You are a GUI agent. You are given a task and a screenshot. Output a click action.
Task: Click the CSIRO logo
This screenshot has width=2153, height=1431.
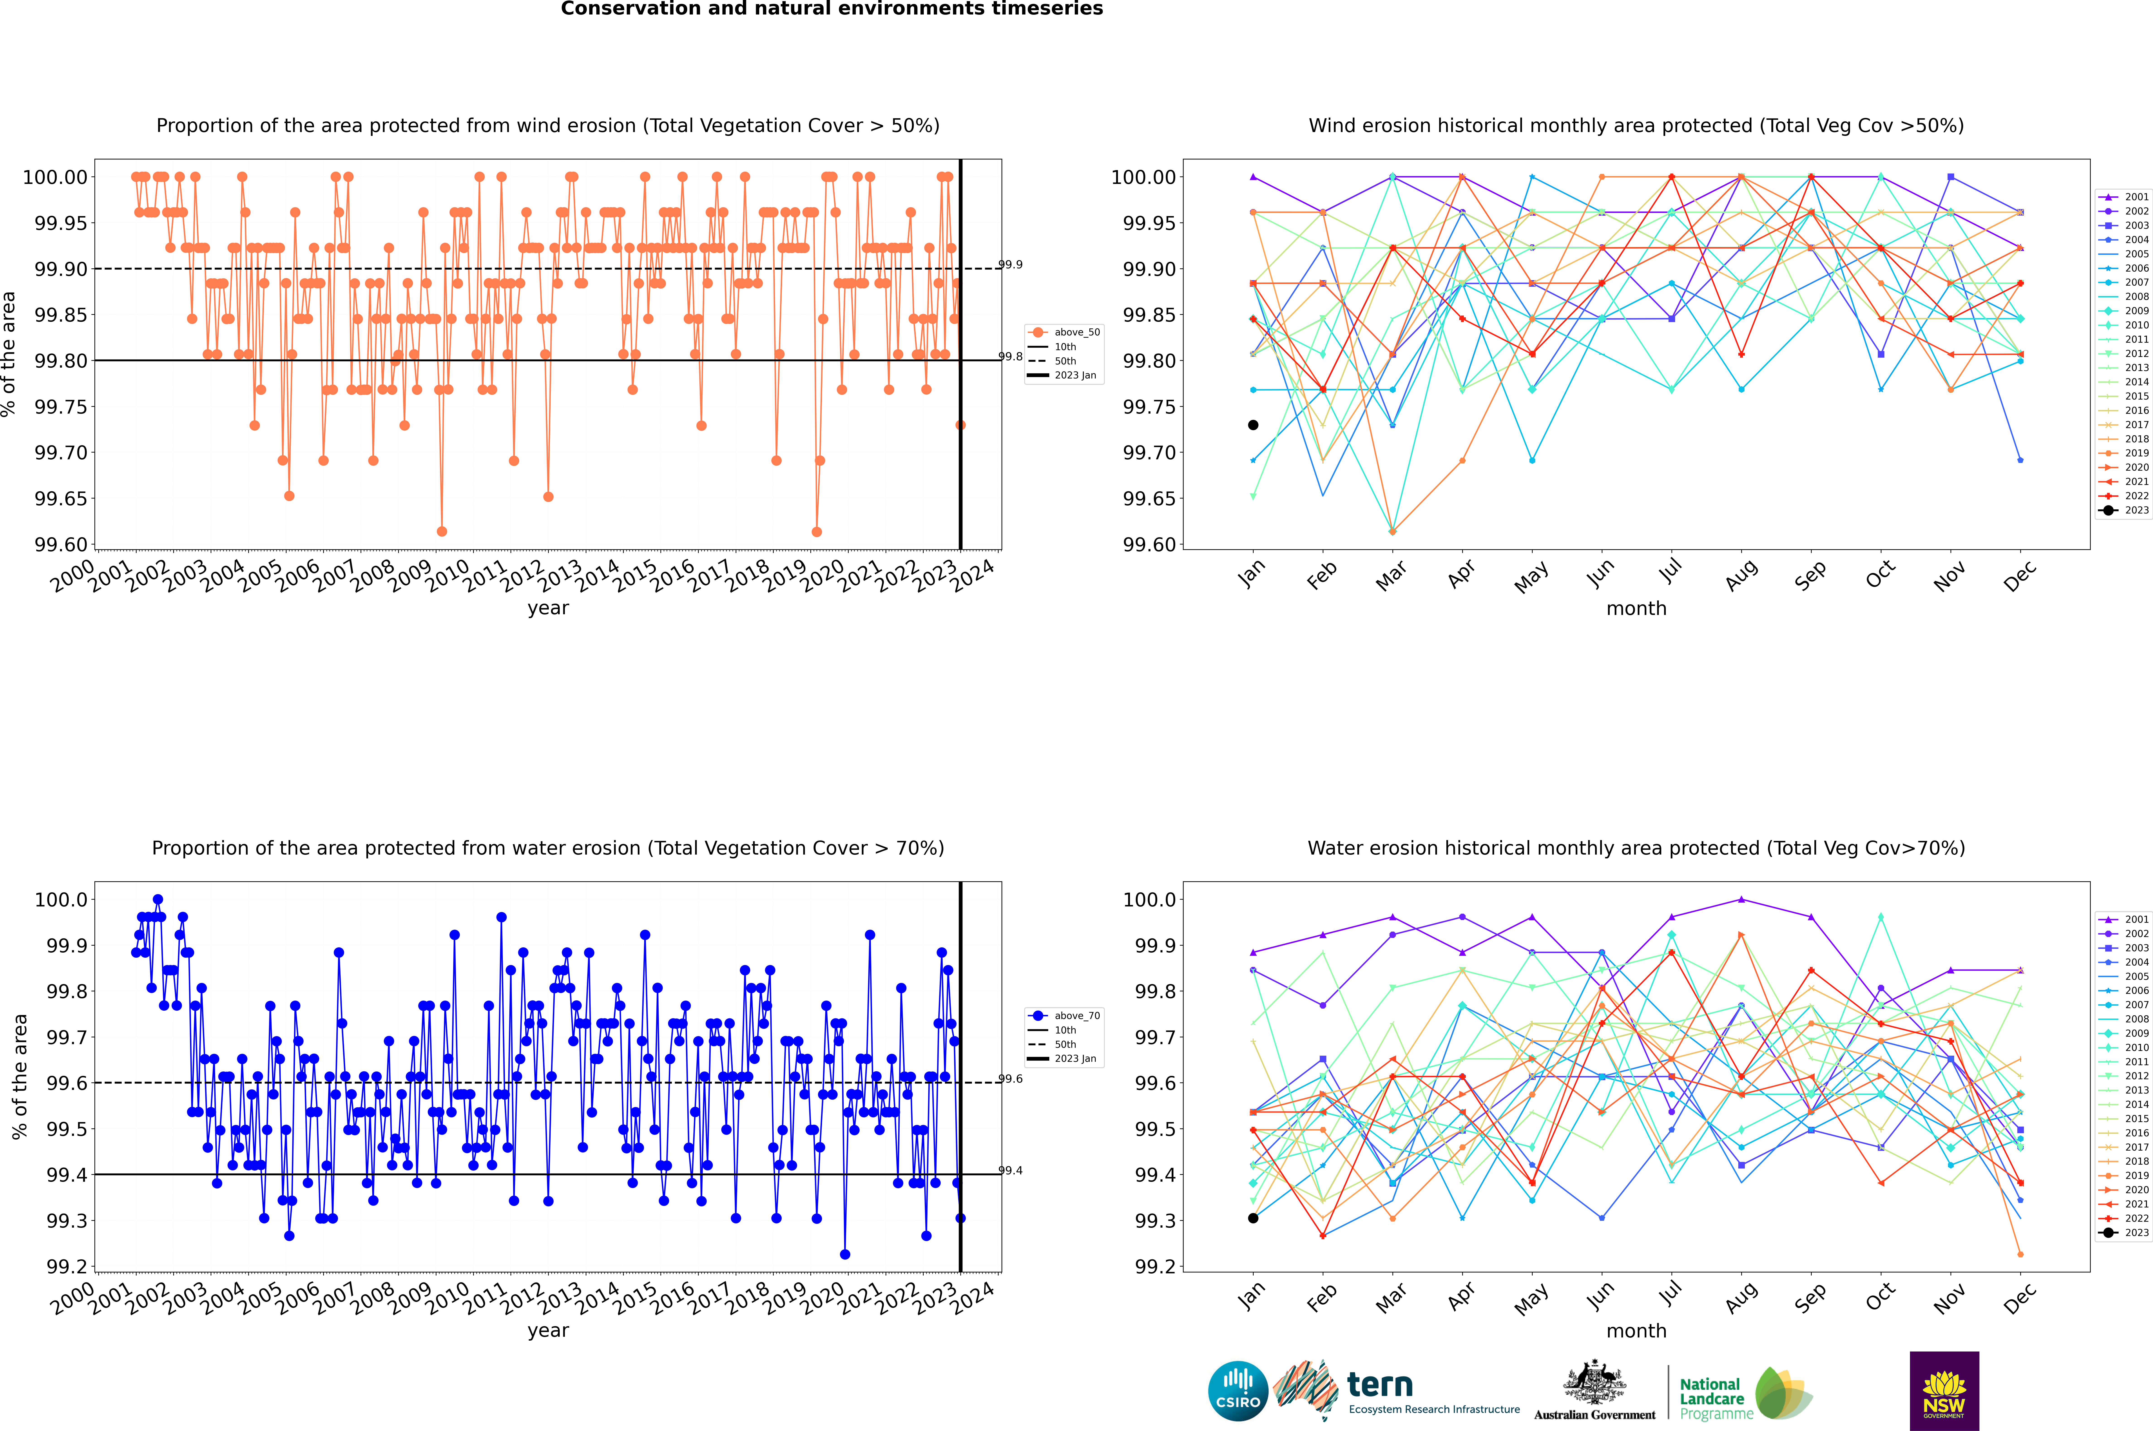pyautogui.click(x=1238, y=1391)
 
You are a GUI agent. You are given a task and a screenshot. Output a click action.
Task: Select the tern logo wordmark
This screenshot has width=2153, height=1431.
pyautogui.click(x=1380, y=1385)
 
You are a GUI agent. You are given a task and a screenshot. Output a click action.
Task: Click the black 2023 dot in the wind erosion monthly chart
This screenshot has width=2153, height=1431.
pyautogui.click(x=1253, y=425)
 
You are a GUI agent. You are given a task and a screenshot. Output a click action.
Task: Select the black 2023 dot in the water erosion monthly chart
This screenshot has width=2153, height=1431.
pyautogui.click(x=1253, y=1218)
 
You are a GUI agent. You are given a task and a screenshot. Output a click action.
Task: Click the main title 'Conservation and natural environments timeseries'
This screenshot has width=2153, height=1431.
pyautogui.click(x=831, y=9)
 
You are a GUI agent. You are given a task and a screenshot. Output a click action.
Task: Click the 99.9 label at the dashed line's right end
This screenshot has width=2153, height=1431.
pyautogui.click(x=1010, y=265)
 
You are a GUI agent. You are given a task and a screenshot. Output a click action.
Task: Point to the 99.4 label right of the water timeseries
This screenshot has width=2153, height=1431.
pyautogui.click(x=1010, y=1171)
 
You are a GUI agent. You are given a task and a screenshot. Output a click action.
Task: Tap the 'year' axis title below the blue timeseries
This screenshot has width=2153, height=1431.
pyautogui.click(x=548, y=1331)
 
